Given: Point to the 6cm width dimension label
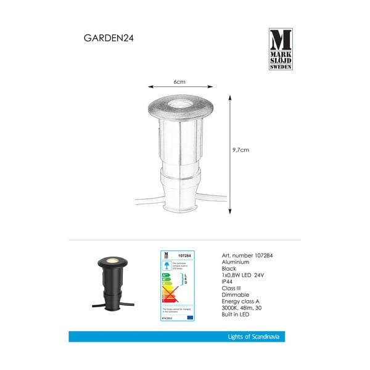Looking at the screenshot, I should [x=179, y=81].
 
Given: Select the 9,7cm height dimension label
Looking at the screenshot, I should [x=240, y=149].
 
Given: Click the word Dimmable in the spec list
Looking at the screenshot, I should [x=233, y=299].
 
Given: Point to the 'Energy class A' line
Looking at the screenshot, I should [x=239, y=306].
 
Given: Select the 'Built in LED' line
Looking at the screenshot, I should [x=236, y=321].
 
